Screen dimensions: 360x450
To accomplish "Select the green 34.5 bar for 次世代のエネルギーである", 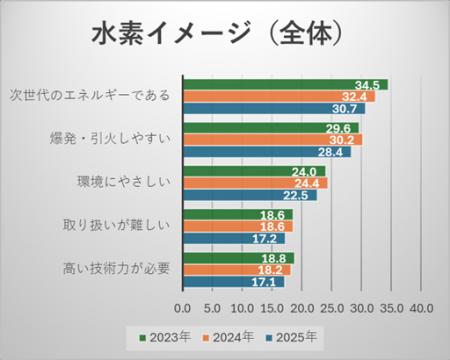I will pos(285,84).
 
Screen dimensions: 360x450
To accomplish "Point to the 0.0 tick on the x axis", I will pos(183,307).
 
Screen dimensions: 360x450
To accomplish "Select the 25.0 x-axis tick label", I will pos(332,307).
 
